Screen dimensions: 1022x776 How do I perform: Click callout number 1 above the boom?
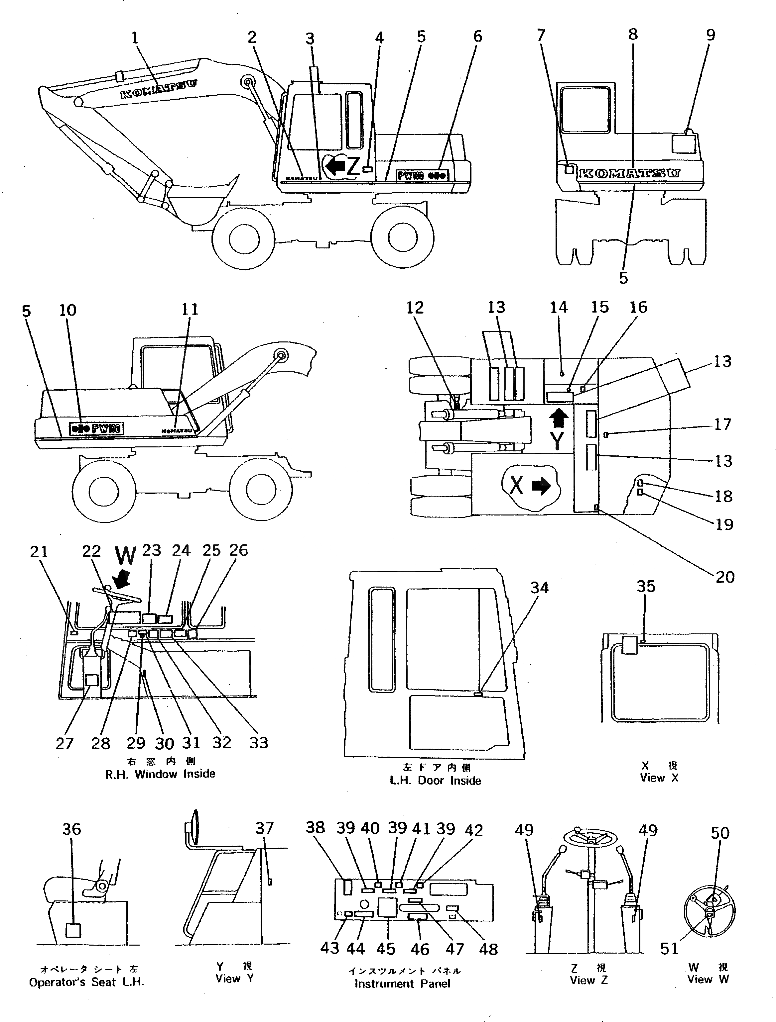135,38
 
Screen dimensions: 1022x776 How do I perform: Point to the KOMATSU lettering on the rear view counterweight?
629,174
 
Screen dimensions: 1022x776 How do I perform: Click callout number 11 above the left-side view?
190,309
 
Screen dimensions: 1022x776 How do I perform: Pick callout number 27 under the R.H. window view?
64,743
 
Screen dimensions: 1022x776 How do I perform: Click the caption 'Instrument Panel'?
402,984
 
